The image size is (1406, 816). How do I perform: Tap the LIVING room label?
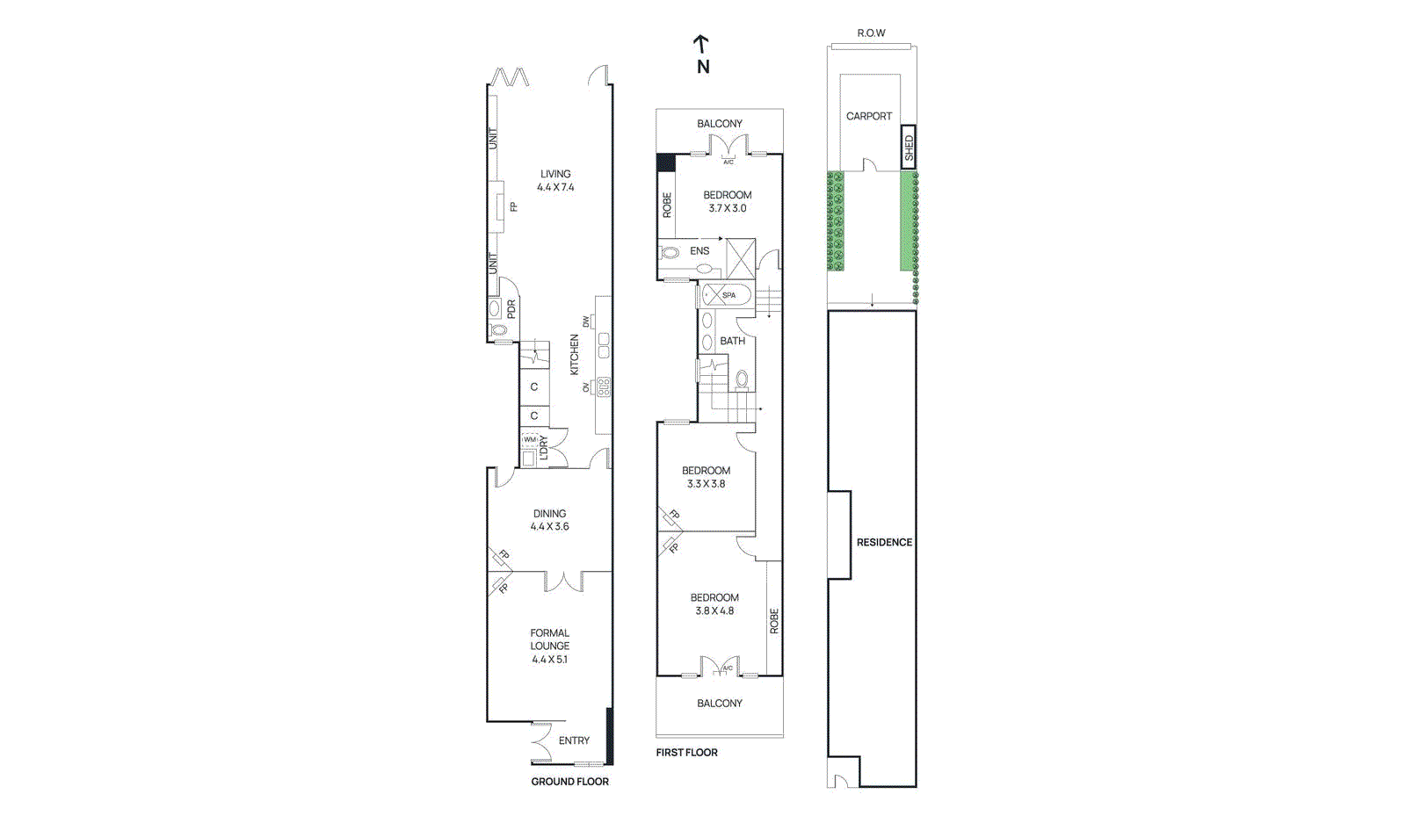pos(555,174)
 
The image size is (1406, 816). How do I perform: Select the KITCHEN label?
pos(575,354)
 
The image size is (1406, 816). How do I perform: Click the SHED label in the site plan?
pos(909,148)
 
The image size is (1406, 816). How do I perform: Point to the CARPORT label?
pos(868,116)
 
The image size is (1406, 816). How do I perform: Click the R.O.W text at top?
pos(871,33)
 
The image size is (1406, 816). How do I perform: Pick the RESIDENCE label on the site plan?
pos(884,543)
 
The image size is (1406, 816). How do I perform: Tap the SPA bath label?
pos(728,295)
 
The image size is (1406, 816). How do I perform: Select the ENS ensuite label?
pos(699,251)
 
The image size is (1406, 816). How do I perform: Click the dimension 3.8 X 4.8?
pos(714,611)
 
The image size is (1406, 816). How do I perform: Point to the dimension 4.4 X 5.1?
pos(549,660)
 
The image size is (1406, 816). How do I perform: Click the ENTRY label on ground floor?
pos(574,740)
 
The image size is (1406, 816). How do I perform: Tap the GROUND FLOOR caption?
pos(569,782)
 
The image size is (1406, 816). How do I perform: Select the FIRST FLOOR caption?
pos(686,753)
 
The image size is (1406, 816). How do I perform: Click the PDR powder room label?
pos(511,309)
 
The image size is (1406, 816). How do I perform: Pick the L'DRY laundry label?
pos(544,448)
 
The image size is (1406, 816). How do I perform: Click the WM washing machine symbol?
pos(530,439)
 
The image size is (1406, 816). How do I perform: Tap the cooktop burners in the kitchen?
pos(604,386)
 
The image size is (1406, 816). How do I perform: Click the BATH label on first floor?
pos(732,341)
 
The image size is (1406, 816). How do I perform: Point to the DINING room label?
pos(549,514)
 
